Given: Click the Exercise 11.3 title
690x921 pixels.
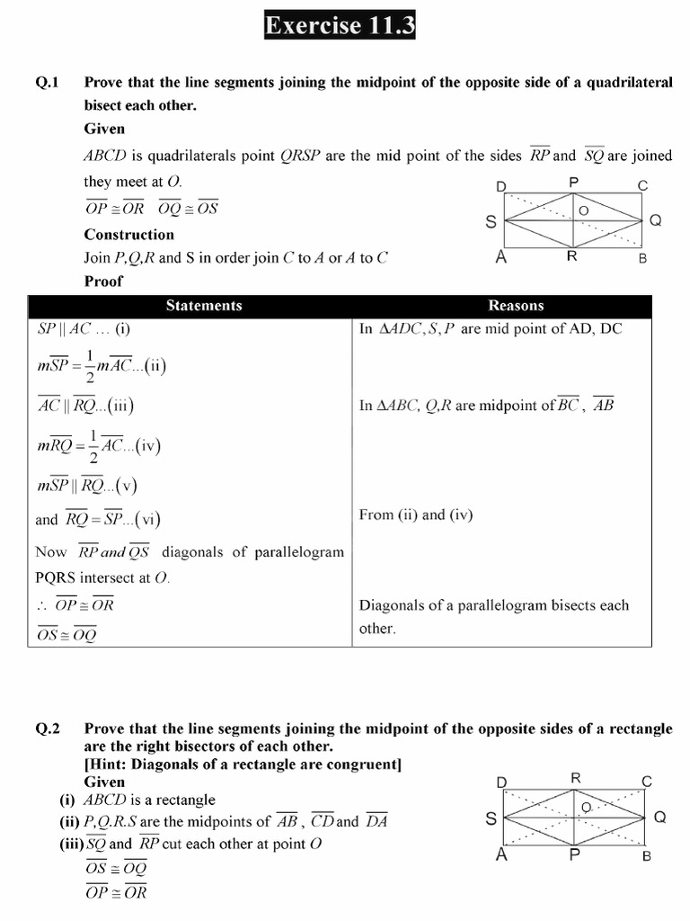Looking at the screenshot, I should [340, 26].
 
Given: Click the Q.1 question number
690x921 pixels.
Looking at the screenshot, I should [47, 82].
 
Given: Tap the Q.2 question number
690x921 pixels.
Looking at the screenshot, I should [47, 729].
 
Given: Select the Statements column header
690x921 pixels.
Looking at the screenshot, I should [204, 306].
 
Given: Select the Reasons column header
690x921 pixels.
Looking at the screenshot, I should [516, 306].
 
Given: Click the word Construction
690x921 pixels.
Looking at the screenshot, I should [129, 235].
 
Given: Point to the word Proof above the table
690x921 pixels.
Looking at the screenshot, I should [103, 281].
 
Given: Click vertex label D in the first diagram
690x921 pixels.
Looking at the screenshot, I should [500, 187].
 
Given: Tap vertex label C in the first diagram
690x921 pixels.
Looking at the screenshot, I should [642, 186].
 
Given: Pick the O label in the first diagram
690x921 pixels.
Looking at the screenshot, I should [583, 210].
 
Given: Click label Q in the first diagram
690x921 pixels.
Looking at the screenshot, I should [655, 219].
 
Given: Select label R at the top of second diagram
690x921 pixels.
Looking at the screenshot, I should [576, 777].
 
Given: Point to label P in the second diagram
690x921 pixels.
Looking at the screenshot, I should [574, 854].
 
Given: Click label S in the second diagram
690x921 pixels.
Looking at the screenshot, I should [491, 818].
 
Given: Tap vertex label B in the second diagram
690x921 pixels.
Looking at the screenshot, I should [646, 856].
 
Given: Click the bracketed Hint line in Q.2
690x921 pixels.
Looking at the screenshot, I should [243, 765].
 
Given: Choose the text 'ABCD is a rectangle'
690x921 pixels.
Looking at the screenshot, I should [149, 800].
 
